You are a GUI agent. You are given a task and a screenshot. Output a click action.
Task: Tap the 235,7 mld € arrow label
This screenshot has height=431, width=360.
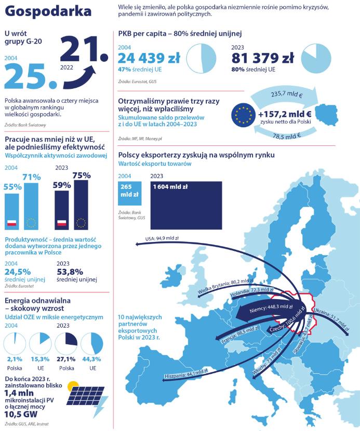coord(287,95)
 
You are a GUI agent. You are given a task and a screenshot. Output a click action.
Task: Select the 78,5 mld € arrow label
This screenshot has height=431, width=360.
coord(287,136)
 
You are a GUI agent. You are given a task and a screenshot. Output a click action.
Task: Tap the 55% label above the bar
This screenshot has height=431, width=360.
coord(12,186)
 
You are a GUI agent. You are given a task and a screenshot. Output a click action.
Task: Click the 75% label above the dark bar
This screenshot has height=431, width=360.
coord(82,176)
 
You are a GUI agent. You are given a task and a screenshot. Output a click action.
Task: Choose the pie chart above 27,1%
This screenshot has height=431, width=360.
coord(66,344)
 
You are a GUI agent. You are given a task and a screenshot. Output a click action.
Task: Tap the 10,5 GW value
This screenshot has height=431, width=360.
coord(21,414)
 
